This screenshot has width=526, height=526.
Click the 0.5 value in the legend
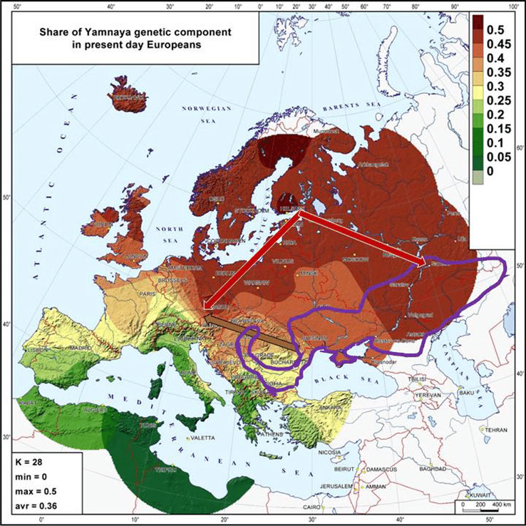(x=495, y=29)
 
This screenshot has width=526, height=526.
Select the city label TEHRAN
(x=495, y=430)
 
